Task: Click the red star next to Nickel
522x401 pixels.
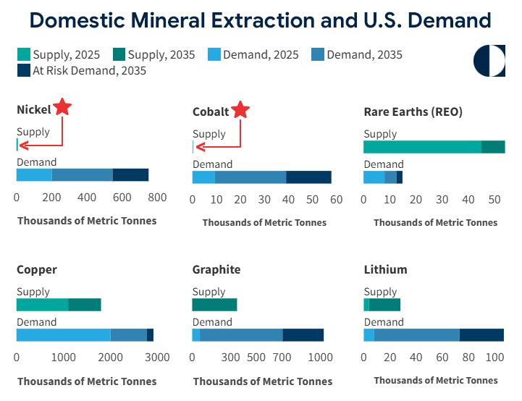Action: click(63, 107)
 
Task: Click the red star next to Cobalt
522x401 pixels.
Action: click(240, 110)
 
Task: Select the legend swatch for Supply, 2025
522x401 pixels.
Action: click(23, 54)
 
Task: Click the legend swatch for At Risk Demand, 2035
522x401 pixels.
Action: click(23, 70)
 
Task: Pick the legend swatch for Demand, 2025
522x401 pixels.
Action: click(214, 54)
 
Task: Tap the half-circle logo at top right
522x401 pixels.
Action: click(490, 61)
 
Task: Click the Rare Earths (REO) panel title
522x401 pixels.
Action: click(413, 111)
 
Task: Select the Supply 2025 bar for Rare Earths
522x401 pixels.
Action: click(422, 147)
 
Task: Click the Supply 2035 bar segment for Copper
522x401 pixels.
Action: click(85, 305)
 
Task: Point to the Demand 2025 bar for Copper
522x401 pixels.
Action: click(63, 334)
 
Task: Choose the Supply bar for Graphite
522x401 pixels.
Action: click(214, 305)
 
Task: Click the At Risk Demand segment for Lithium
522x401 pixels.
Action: click(481, 334)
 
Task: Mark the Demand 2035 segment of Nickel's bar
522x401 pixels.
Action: click(83, 174)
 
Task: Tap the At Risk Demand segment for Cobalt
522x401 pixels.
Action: click(308, 177)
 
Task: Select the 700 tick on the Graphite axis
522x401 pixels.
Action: click(282, 357)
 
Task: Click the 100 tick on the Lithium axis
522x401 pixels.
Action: click(494, 356)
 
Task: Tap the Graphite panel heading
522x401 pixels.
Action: click(216, 269)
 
